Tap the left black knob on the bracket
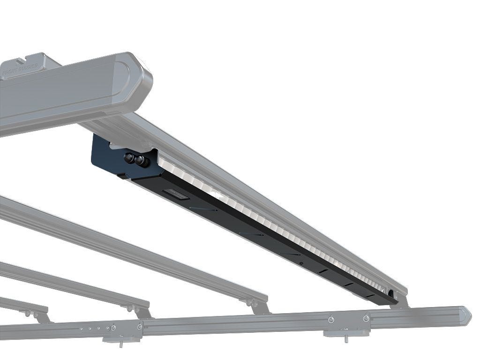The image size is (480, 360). [128, 157]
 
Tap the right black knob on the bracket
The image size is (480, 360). [140, 161]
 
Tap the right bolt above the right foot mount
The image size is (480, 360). [366, 318]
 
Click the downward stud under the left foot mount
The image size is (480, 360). [121, 345]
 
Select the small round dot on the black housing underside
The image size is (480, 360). [300, 263]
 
